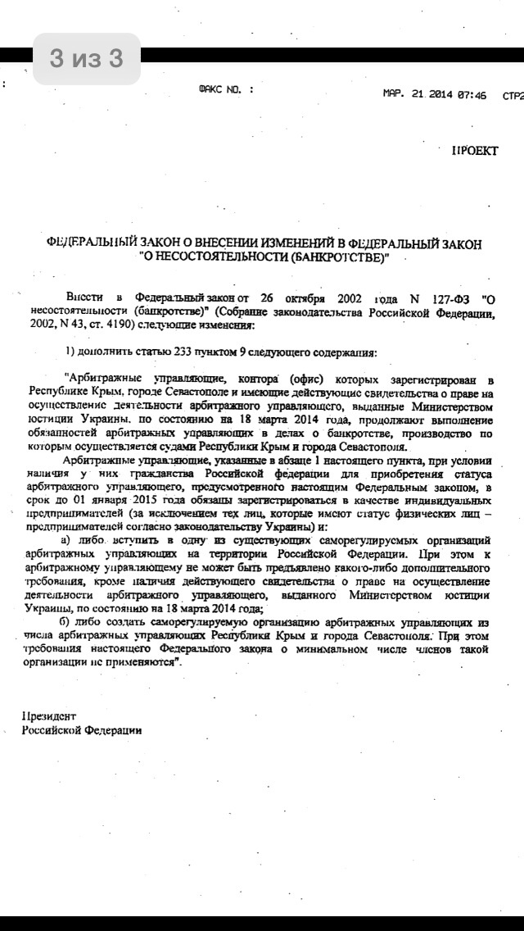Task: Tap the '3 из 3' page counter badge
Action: tap(86, 59)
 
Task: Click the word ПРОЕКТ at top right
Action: tap(474, 152)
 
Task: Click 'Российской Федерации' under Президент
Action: tap(82, 729)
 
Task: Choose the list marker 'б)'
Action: tap(69, 622)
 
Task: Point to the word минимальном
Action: tap(350, 650)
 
